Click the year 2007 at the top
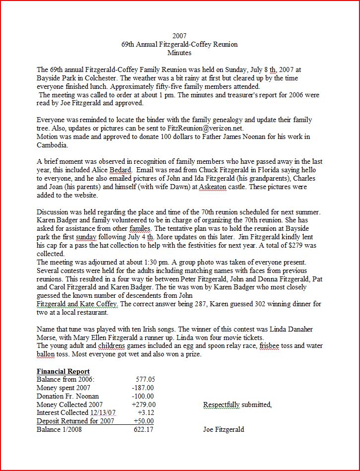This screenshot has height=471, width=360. [x=180, y=36]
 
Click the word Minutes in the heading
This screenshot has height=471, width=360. [x=180, y=52]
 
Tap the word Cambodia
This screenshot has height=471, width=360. [x=52, y=145]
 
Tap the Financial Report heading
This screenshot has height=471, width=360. [x=63, y=371]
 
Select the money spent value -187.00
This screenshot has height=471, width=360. [x=143, y=388]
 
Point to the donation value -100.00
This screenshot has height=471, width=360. [x=143, y=396]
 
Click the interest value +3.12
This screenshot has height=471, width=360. [x=145, y=412]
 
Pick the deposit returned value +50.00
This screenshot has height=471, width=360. [x=144, y=421]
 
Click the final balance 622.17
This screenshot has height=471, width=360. [x=144, y=429]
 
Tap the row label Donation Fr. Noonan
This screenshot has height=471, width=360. [x=67, y=396]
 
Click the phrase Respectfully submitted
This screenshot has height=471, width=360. [x=237, y=404]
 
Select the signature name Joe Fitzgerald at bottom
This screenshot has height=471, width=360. [x=223, y=429]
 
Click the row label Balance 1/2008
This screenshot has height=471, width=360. [x=59, y=429]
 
